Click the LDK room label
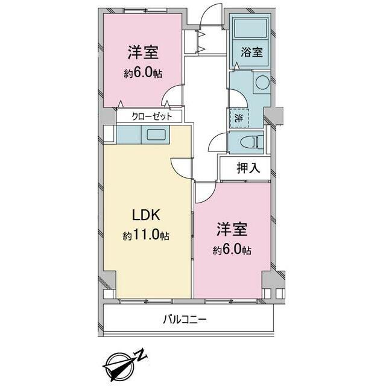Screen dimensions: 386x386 tap(146, 215)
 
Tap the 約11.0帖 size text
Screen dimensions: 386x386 tap(146, 235)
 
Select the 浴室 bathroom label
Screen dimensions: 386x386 tap(252, 52)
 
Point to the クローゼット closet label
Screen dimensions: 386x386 tap(151, 116)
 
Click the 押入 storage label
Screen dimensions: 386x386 tap(248, 168)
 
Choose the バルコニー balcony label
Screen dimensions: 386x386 tap(185, 320)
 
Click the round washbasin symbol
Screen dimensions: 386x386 tap(262, 82)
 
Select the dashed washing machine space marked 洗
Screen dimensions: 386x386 tap(239, 118)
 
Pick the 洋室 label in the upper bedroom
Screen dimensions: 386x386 tap(143, 52)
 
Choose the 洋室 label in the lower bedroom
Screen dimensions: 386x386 tap(232, 229)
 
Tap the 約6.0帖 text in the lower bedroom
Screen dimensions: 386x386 tap(232, 250)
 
